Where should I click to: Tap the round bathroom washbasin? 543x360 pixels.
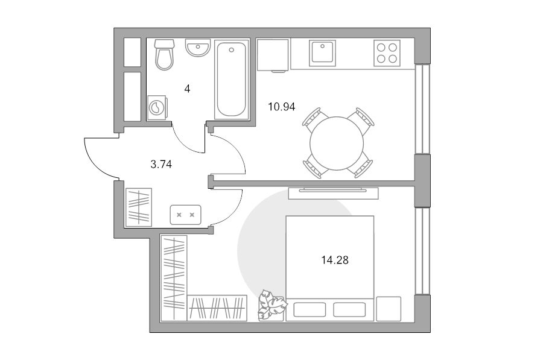pyautogui.click(x=198, y=48)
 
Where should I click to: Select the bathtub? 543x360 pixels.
pyautogui.click(x=231, y=80)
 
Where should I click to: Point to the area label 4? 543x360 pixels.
pyautogui.click(x=188, y=89)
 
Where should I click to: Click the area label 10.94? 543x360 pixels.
pyautogui.click(x=282, y=107)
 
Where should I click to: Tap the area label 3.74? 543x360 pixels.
pyautogui.click(x=161, y=164)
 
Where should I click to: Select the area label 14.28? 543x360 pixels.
pyautogui.click(x=335, y=260)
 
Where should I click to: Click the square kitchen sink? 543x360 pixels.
pyautogui.click(x=322, y=52)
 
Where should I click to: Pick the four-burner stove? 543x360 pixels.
pyautogui.click(x=387, y=53)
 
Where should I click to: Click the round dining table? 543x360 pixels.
pyautogui.click(x=337, y=144)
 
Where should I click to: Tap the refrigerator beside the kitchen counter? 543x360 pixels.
pyautogui.click(x=273, y=55)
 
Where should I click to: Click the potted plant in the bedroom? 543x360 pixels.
pyautogui.click(x=272, y=305)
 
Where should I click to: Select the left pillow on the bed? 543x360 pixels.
pyautogui.click(x=310, y=309)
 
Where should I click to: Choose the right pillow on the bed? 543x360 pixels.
pyautogui.click(x=349, y=309)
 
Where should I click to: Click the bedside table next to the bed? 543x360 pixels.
pyautogui.click(x=389, y=309)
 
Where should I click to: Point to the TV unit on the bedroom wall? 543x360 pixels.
pyautogui.click(x=333, y=193)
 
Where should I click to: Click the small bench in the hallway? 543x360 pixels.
pyautogui.click(x=185, y=215)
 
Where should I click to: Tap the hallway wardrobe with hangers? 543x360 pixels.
pyautogui.click(x=139, y=207)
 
